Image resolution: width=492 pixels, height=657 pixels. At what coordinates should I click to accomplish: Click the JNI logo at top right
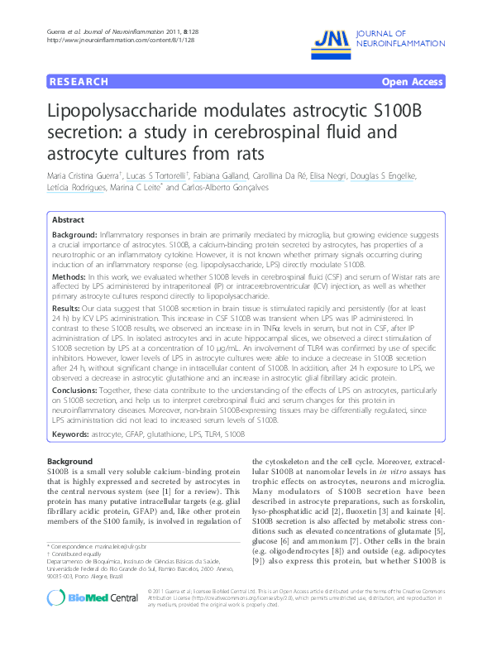[331, 37]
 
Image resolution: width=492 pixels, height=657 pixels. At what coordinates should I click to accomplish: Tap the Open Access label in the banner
[412, 82]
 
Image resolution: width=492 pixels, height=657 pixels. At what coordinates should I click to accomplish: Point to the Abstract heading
[68, 220]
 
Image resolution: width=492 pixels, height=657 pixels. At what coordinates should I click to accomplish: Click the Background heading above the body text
[69, 460]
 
